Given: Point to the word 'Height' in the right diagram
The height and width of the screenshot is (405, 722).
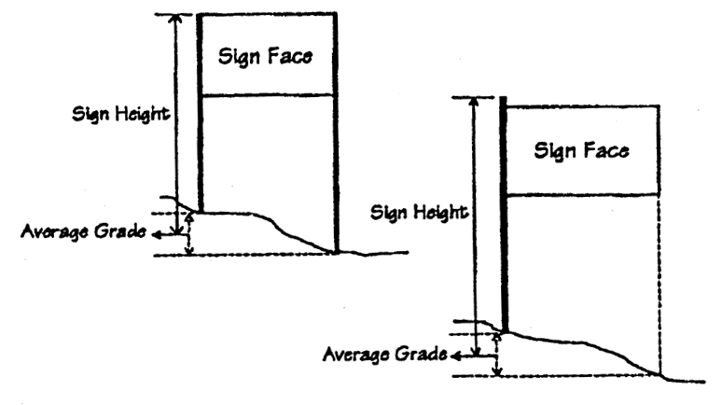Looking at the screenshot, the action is click(x=444, y=213).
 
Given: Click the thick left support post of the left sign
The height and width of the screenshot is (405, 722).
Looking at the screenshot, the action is click(x=200, y=112).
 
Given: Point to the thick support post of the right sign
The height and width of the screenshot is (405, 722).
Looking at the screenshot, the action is click(x=504, y=215).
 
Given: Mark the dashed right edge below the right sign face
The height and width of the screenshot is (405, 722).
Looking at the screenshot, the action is click(x=660, y=280).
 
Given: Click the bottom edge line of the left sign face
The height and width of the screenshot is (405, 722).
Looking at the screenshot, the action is click(x=269, y=94).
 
